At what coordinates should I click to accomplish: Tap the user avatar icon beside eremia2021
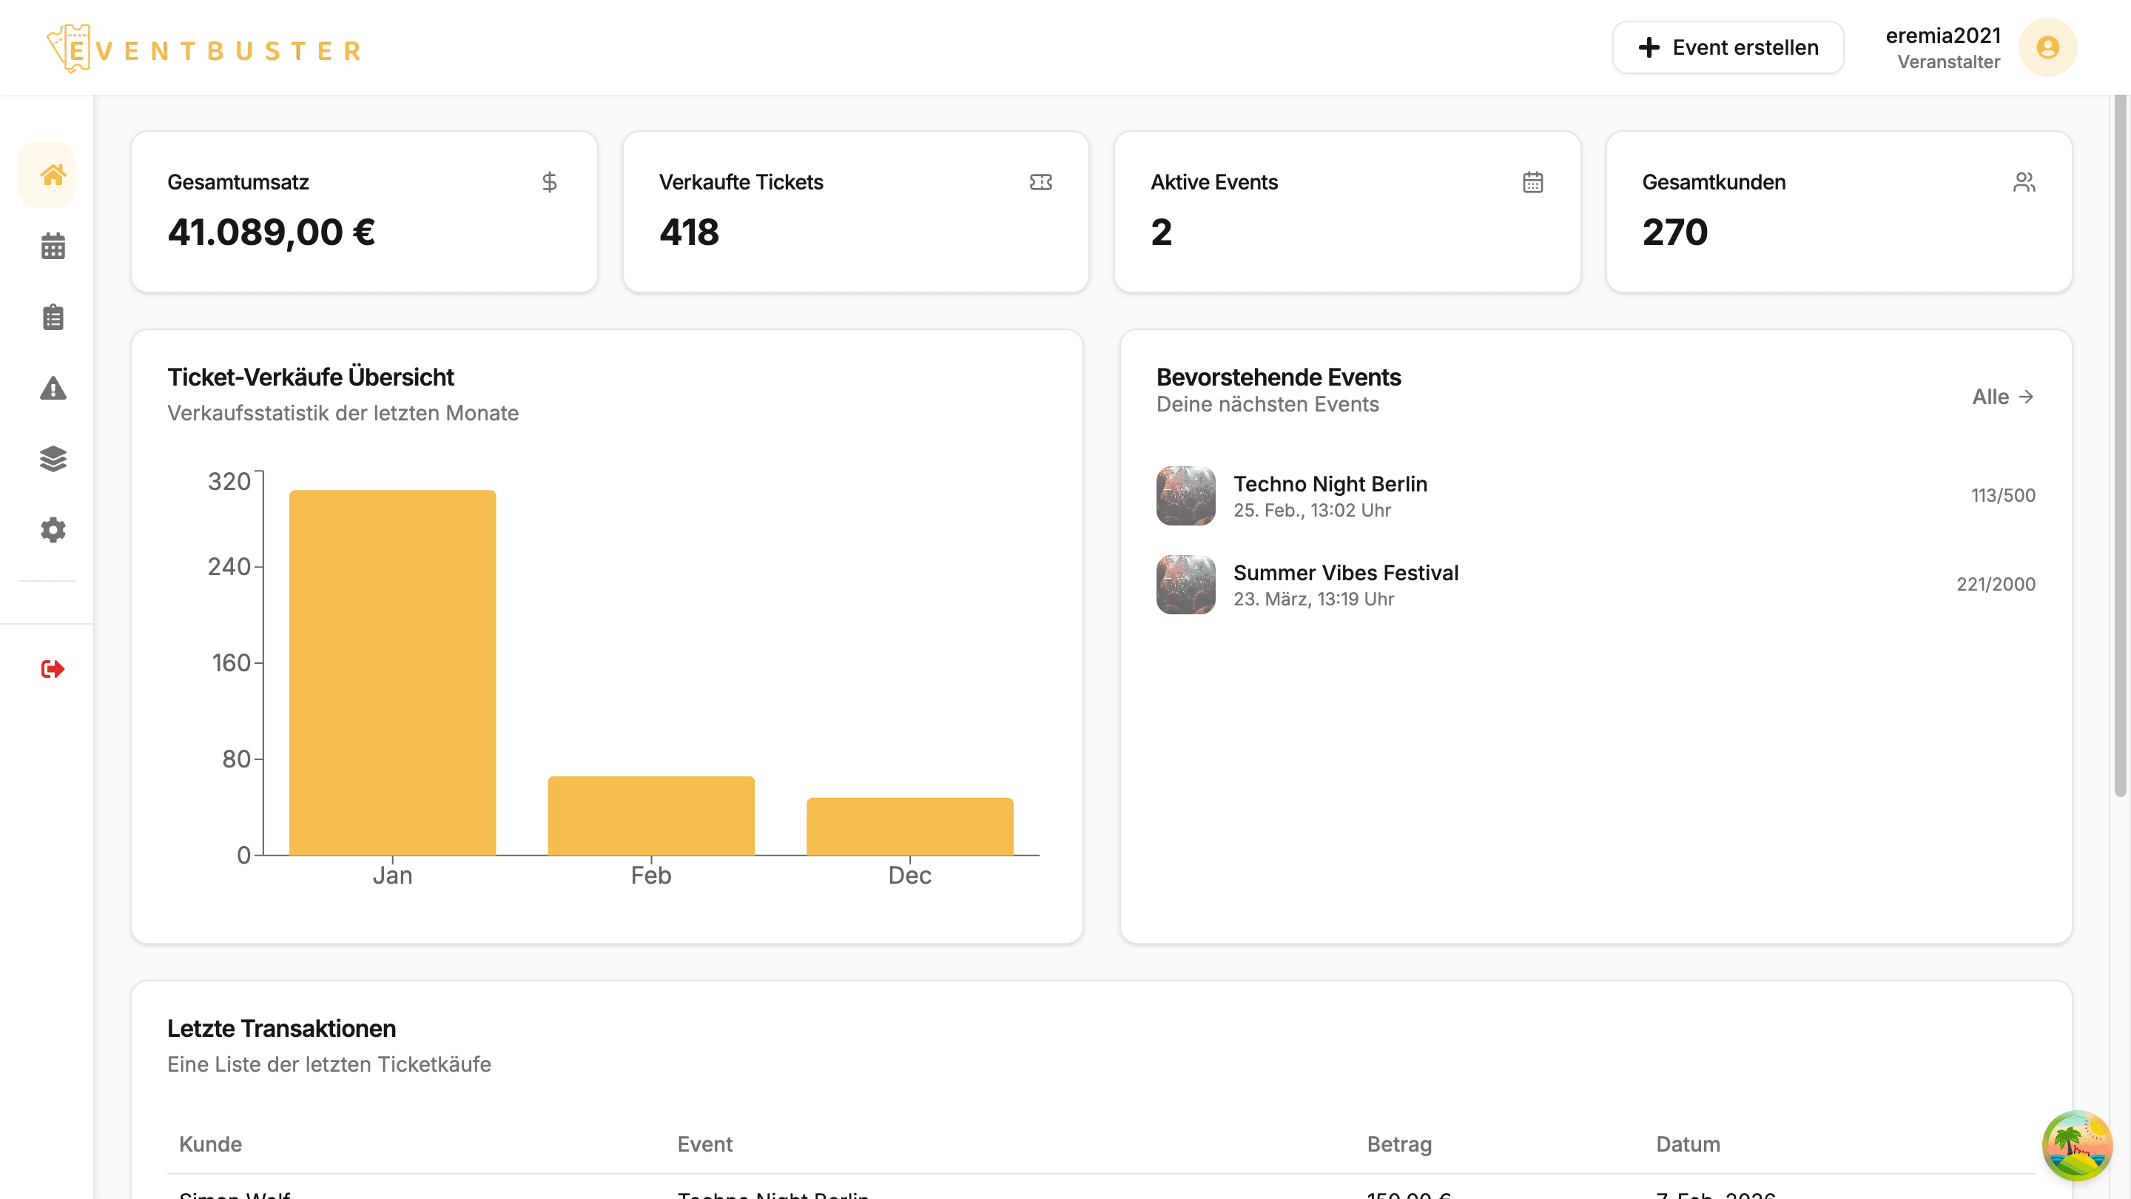(2047, 47)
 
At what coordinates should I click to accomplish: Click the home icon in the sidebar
(53, 175)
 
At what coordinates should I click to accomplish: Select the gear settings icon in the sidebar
(53, 530)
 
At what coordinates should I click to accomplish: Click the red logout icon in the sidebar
(53, 668)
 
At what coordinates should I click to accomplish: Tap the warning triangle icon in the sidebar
(53, 388)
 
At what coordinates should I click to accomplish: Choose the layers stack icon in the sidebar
(53, 458)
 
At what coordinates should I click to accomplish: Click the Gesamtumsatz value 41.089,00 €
(272, 232)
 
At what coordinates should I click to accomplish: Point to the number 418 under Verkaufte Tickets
(689, 232)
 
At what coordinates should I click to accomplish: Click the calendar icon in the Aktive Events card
(1532, 182)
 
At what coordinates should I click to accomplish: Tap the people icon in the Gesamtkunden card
(2024, 182)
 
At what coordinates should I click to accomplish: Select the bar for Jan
(392, 672)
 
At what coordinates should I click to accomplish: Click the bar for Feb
(651, 815)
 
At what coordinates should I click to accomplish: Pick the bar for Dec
(909, 826)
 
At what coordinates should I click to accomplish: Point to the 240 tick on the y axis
(229, 567)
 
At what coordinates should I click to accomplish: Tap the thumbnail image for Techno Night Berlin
(1185, 496)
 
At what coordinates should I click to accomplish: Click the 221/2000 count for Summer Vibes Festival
(1996, 584)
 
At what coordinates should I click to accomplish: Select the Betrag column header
(1399, 1143)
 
